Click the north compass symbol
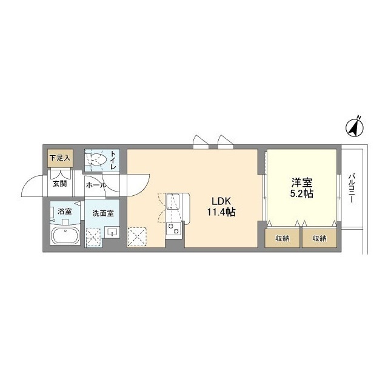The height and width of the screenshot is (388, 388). pyautogui.click(x=355, y=127)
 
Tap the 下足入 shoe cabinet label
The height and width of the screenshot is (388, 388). pyautogui.click(x=60, y=158)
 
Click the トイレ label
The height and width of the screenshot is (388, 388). pyautogui.click(x=113, y=160)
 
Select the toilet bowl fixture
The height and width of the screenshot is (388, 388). pyautogui.click(x=97, y=159)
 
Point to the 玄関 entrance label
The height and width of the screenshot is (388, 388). pyautogui.click(x=60, y=184)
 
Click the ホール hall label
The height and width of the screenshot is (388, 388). pyautogui.click(x=96, y=185)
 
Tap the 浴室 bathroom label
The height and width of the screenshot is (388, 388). pyautogui.click(x=65, y=212)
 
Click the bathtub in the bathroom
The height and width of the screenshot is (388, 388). pyautogui.click(x=65, y=236)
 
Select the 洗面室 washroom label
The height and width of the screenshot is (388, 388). pyautogui.click(x=103, y=213)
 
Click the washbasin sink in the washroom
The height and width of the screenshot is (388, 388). pyautogui.click(x=112, y=232)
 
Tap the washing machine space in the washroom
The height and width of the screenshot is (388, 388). pyautogui.click(x=93, y=238)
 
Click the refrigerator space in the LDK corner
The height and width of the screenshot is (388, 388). pyautogui.click(x=137, y=237)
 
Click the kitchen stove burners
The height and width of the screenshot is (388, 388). pyautogui.click(x=173, y=228)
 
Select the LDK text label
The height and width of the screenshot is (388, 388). pyautogui.click(x=221, y=201)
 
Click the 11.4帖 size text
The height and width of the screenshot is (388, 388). pyautogui.click(x=221, y=212)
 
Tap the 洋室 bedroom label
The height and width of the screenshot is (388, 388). pyautogui.click(x=302, y=182)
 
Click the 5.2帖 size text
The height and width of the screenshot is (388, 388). pyautogui.click(x=302, y=194)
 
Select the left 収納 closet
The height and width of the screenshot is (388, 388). pyautogui.click(x=283, y=238)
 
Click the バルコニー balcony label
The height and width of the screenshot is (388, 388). pyautogui.click(x=352, y=189)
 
